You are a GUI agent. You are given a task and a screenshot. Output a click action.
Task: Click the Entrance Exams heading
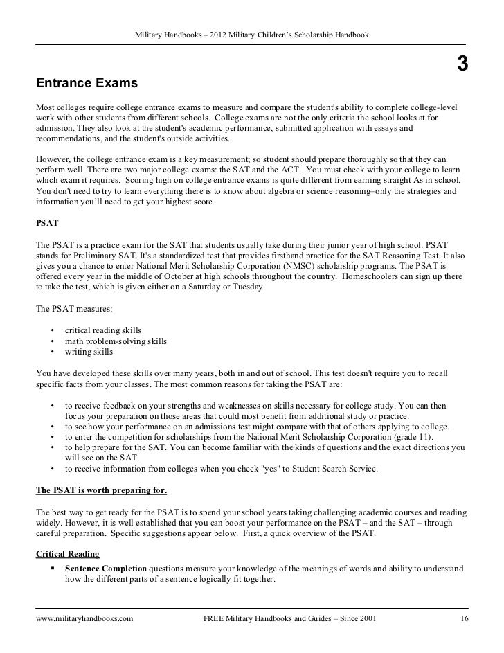[88, 84]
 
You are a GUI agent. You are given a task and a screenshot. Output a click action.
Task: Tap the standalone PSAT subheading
[48, 224]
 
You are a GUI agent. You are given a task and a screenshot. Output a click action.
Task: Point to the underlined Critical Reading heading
[68, 554]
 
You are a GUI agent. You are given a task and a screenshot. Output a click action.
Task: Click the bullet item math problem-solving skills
[116, 341]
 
